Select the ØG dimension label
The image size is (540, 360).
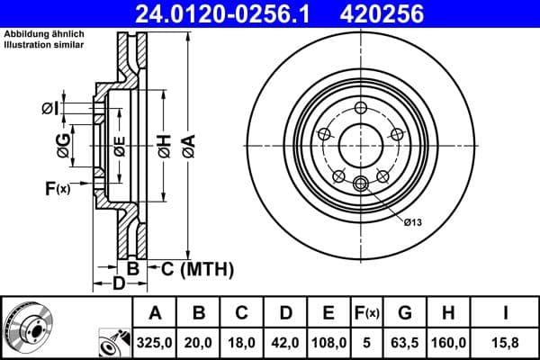(62, 145)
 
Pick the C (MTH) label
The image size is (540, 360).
(196, 268)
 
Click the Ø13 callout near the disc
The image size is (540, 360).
(413, 220)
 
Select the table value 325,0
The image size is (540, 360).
(155, 340)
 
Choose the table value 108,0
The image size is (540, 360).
(328, 340)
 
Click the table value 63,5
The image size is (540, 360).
(405, 340)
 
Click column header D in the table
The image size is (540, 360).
(284, 313)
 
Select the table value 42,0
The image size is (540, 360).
(284, 340)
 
